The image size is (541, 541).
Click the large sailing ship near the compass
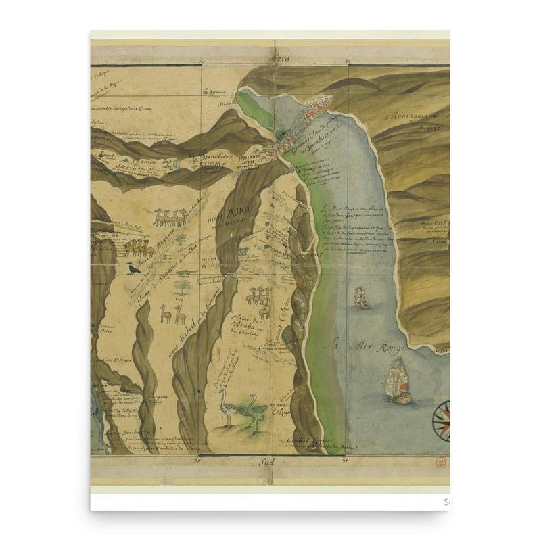coord(394,380)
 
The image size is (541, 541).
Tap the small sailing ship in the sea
coord(360,297)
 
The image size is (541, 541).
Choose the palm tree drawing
coord(181,289)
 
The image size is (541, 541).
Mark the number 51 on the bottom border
coord(346,463)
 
